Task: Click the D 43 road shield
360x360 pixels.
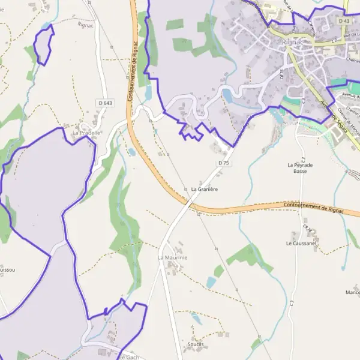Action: tap(344, 21)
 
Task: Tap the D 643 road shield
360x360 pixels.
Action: tap(105, 103)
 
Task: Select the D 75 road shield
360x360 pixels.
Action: tap(224, 163)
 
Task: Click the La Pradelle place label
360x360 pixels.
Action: tap(86, 132)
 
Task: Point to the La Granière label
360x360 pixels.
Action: tap(204, 189)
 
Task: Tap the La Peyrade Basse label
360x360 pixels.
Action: tap(301, 167)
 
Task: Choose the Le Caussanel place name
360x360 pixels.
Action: tap(301, 244)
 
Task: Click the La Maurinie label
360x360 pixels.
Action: tap(173, 257)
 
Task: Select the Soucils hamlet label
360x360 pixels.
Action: tap(196, 344)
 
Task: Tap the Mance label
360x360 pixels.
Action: tap(353, 292)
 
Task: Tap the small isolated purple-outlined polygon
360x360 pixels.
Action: tap(43, 45)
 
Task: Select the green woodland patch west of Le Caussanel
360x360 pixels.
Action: tap(246, 256)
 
